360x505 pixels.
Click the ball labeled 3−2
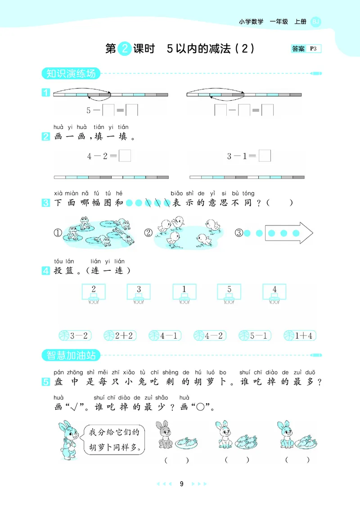pyautogui.click(x=75, y=335)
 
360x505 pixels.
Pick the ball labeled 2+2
pyautogui.click(x=120, y=335)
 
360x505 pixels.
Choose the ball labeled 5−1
pyautogui.click(x=254, y=335)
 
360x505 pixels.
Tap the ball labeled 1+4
pyautogui.click(x=300, y=335)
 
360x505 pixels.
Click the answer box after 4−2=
pyautogui.click(x=125, y=156)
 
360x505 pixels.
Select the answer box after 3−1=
pyautogui.click(x=265, y=156)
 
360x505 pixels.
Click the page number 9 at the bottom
pyautogui.click(x=181, y=484)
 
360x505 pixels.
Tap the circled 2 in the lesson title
pyautogui.click(x=124, y=49)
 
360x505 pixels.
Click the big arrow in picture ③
pyautogui.click(x=288, y=233)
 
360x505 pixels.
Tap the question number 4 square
pyautogui.click(x=45, y=271)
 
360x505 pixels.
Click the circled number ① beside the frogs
pyautogui.click(x=58, y=233)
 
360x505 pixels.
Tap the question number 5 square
pyautogui.click(x=45, y=382)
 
